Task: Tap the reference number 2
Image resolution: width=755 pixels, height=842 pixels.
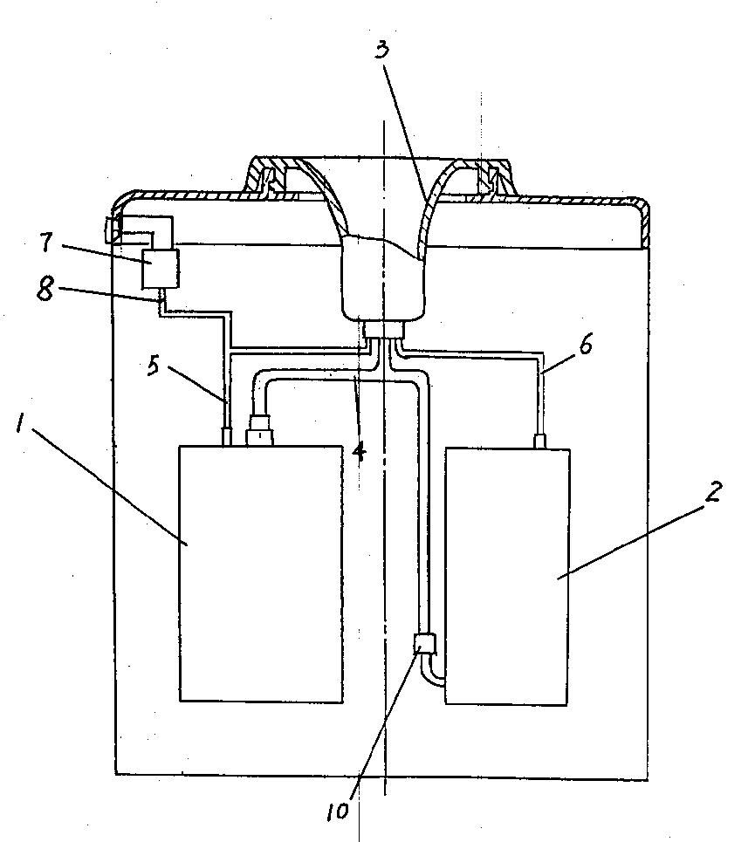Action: tap(714, 492)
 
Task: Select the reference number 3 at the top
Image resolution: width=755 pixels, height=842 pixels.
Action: tap(381, 50)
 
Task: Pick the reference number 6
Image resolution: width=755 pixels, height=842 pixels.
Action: tap(585, 344)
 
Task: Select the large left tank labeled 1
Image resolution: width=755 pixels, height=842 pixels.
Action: tap(261, 573)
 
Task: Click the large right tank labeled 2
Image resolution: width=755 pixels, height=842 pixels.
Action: tap(507, 576)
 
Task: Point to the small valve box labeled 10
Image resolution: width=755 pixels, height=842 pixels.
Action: tap(425, 643)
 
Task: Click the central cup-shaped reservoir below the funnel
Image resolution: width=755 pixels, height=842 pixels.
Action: tap(383, 279)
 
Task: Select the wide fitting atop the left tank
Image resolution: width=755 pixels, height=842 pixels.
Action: tap(260, 430)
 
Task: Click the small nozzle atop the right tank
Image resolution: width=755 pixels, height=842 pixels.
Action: tap(540, 442)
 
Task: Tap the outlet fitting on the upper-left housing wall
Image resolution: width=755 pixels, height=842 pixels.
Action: tap(113, 230)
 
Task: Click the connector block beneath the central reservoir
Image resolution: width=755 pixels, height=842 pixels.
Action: tap(383, 330)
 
